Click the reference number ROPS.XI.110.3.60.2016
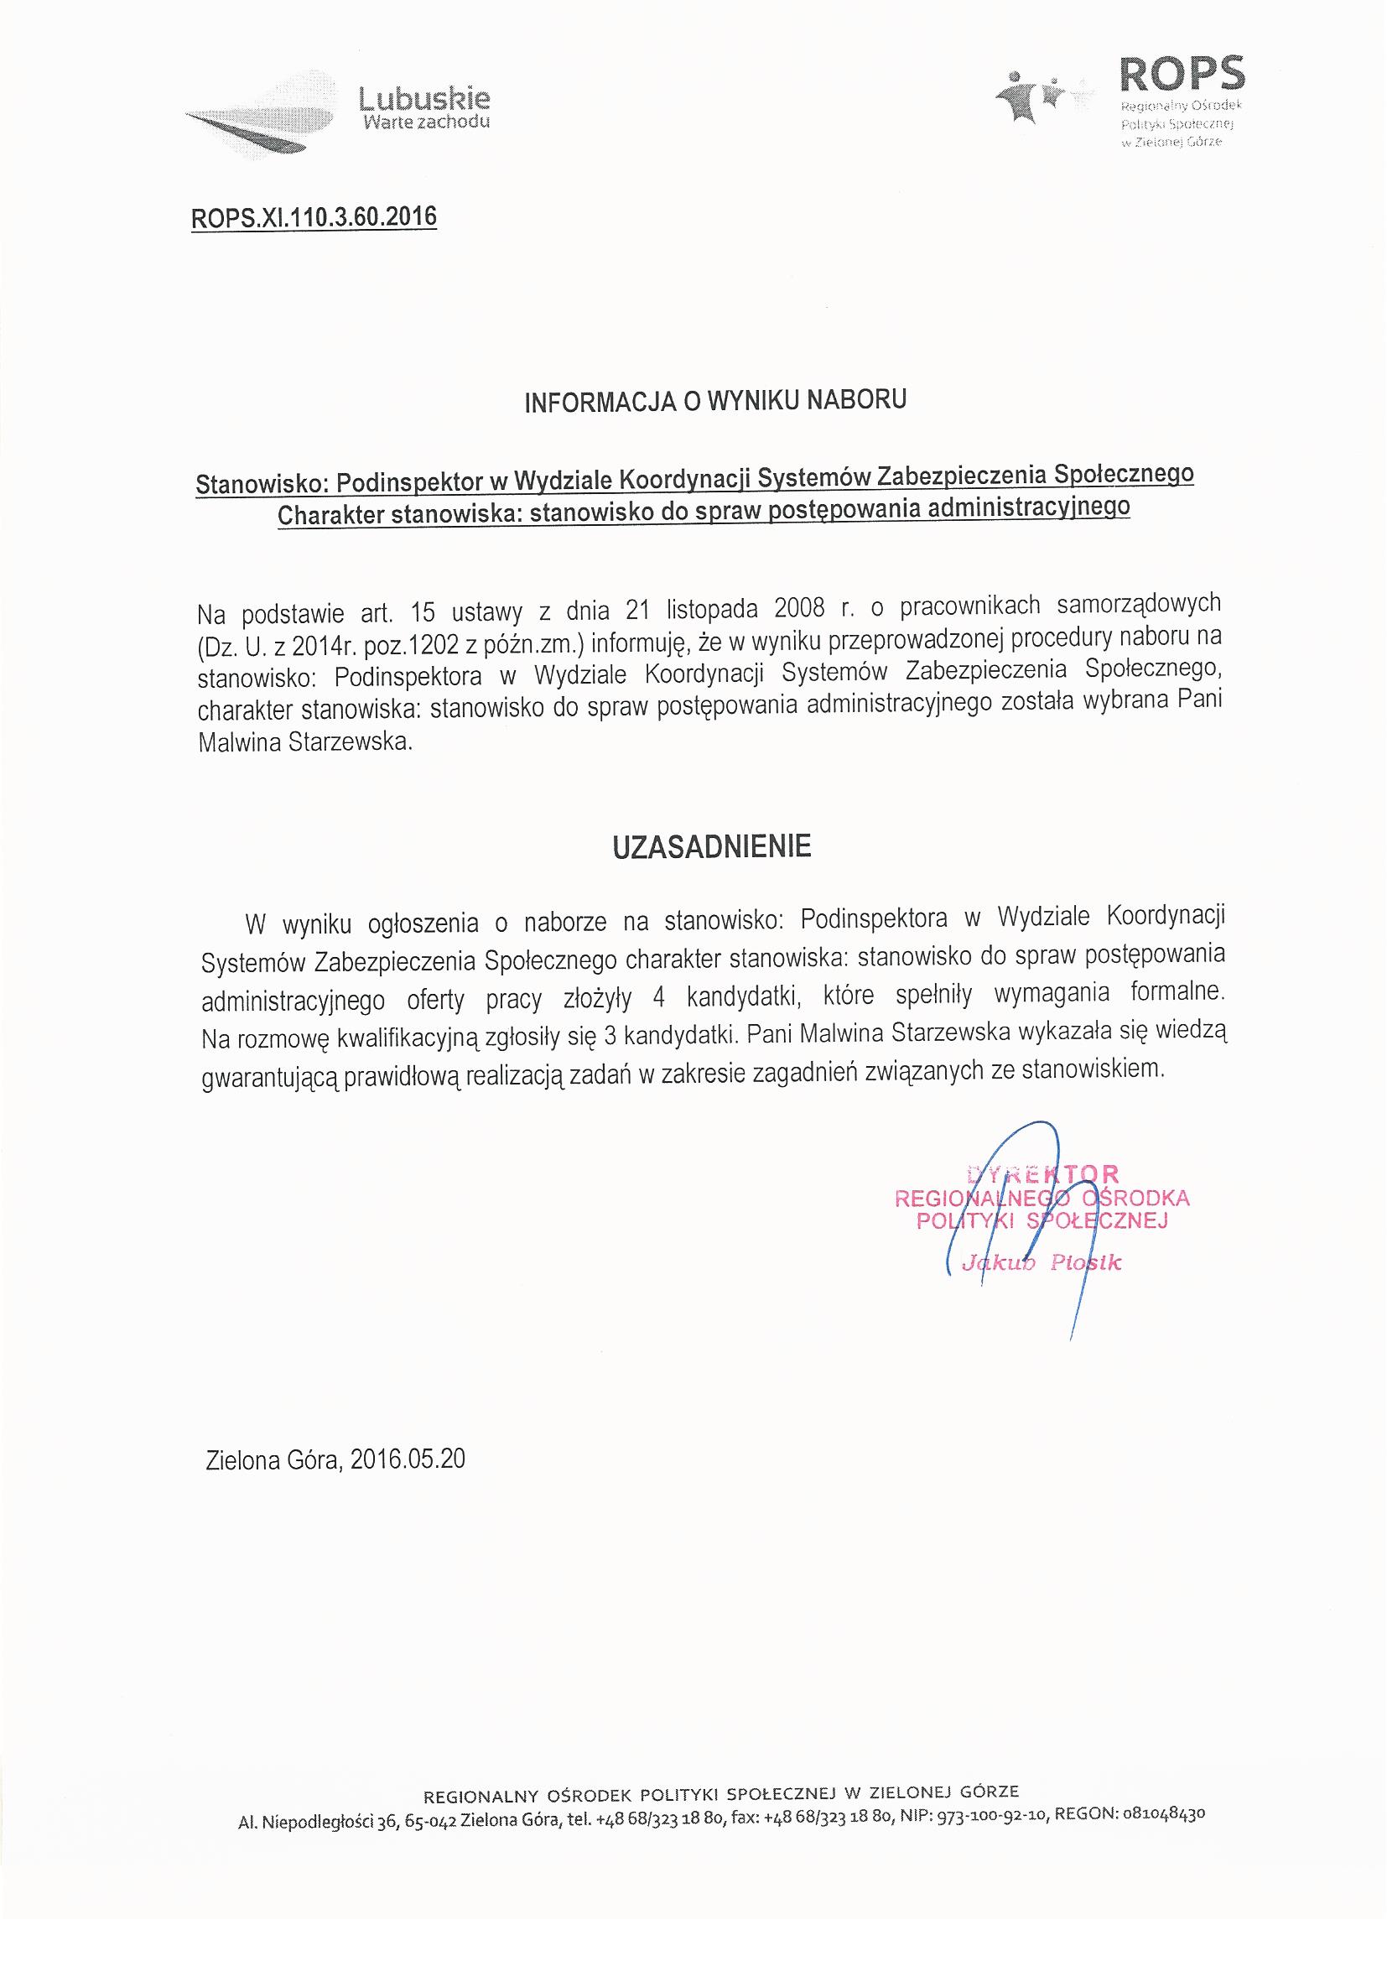[x=314, y=218]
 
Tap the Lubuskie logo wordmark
[x=424, y=99]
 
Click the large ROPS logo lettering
[x=1182, y=75]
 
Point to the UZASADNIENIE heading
[x=711, y=845]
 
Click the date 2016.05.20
[x=408, y=1459]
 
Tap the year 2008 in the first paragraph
[x=799, y=609]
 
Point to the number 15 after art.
[x=423, y=611]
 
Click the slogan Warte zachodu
[x=426, y=122]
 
